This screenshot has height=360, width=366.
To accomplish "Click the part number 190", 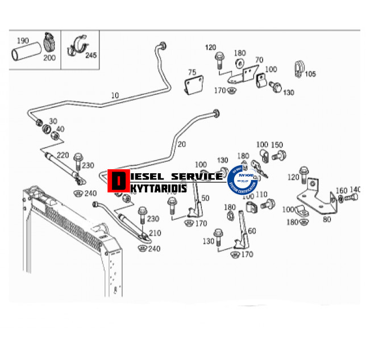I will coord(23,40).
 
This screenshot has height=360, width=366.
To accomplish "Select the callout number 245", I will coord(90,55).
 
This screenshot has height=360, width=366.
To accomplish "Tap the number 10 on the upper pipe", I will coord(115,95).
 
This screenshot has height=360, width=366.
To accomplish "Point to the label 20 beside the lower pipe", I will coord(181,144).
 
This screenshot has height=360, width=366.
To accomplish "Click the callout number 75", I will coord(192,72).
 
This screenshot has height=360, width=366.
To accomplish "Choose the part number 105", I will coord(310,73).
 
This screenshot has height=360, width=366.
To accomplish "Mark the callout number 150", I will coord(277,145).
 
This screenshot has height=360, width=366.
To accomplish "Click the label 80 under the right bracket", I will coord(326,219).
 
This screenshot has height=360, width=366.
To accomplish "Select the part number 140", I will coord(355,190).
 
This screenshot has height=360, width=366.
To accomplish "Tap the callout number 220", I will coord(63,155).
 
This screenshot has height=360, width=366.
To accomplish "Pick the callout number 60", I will coord(252,231).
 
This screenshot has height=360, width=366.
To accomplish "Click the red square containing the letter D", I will coord(118,181).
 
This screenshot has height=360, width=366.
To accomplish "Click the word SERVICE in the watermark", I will coord(197,176).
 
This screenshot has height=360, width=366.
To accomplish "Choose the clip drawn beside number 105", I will coord(298,68).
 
